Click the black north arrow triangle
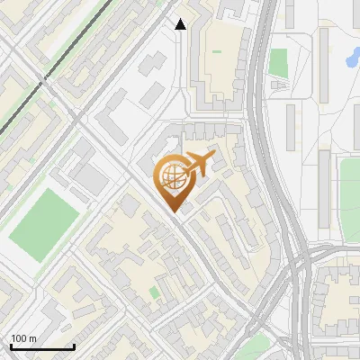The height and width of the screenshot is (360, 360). coord(181,24)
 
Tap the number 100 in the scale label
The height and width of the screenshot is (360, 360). coord(19,338)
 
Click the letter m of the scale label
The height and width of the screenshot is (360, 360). coord(32,338)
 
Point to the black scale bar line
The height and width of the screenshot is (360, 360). coord(41,347)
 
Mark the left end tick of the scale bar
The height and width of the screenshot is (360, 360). coord(10,346)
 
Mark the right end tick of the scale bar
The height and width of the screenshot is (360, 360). coord(73,346)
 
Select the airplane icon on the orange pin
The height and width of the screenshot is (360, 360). coord(195,165)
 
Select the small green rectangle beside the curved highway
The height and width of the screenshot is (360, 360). coord(278,62)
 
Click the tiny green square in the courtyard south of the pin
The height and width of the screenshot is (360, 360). coord(155,292)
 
